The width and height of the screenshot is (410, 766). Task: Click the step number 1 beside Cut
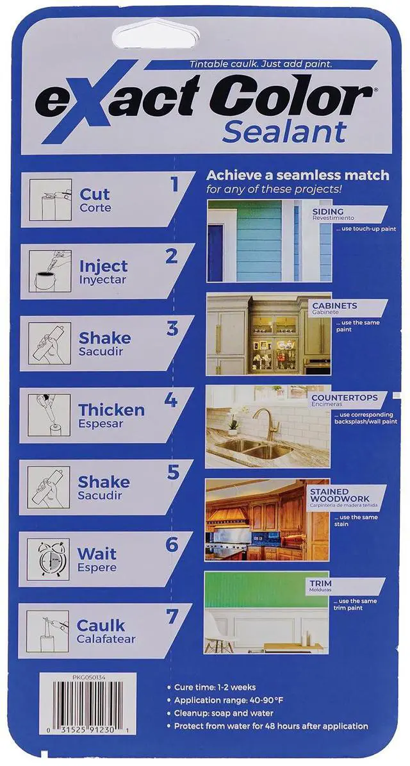point(174,185)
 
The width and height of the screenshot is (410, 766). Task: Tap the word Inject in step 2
point(103,266)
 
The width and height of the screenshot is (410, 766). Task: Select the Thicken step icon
point(49,415)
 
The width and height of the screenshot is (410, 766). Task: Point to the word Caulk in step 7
point(101,625)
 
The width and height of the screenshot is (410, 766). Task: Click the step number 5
point(174,472)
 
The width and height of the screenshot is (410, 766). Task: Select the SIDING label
point(328,212)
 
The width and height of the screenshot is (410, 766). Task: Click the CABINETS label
point(334,306)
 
